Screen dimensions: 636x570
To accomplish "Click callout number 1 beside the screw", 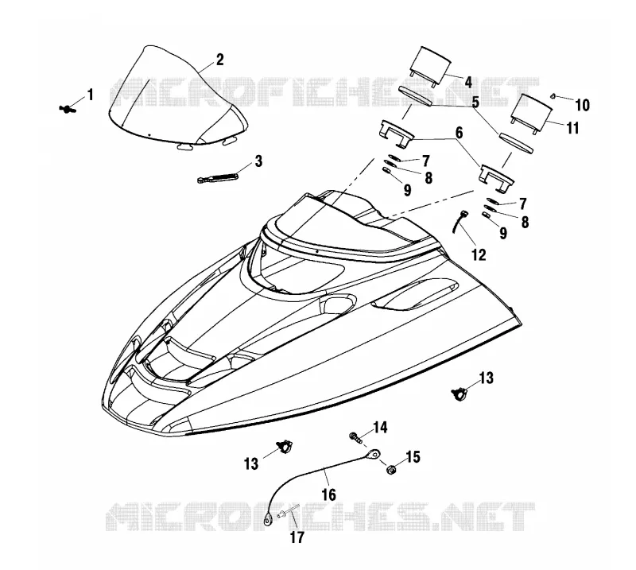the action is pyautogui.click(x=91, y=95).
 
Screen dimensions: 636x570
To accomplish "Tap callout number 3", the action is pyautogui.click(x=258, y=161).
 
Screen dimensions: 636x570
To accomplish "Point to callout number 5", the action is pyautogui.click(x=475, y=102).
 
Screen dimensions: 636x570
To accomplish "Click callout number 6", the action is pyautogui.click(x=459, y=132).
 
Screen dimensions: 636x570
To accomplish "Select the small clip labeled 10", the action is pyautogui.click(x=553, y=95).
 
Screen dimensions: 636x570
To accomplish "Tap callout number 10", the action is pyautogui.click(x=582, y=105).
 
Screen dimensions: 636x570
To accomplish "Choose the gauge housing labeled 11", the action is pyautogui.click(x=531, y=113).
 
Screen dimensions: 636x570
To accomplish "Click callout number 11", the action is pyautogui.click(x=572, y=128).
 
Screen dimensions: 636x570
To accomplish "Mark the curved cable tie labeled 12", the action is pyautogui.click(x=458, y=221).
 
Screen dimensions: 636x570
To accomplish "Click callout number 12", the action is pyautogui.click(x=479, y=254).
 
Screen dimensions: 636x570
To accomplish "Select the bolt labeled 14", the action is pyautogui.click(x=355, y=438).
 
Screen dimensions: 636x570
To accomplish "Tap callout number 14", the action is pyautogui.click(x=380, y=428).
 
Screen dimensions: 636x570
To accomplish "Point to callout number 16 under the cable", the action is pyautogui.click(x=329, y=494).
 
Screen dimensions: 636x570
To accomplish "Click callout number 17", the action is pyautogui.click(x=297, y=537).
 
